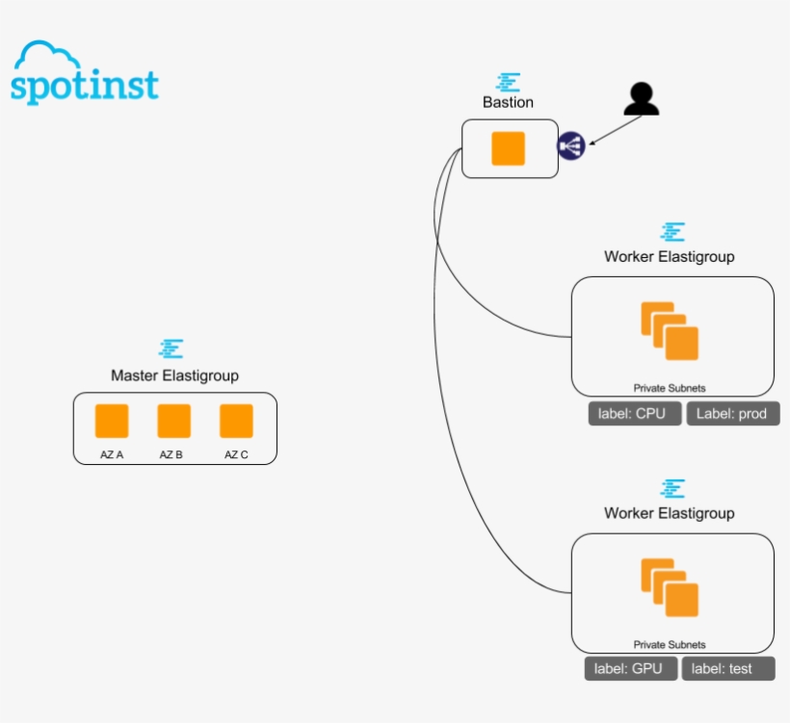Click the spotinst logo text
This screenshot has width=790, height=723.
pos(84,86)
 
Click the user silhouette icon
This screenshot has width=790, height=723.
pos(641,99)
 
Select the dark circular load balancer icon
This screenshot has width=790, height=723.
pos(571,146)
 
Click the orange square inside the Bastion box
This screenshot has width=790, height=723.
pos(508,149)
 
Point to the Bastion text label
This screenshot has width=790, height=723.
pos(508,102)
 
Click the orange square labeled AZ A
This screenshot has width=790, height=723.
pos(112,422)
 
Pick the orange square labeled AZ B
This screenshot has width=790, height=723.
pos(174,422)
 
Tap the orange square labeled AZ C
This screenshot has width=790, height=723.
pos(236,422)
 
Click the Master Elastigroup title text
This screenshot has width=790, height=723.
pos(174,375)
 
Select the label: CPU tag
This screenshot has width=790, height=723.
pos(635,414)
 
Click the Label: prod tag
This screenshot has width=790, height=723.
pos(732,414)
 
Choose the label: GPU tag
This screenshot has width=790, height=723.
pos(629,669)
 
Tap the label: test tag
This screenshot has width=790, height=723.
pos(727,669)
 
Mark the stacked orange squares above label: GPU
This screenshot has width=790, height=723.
pos(670,587)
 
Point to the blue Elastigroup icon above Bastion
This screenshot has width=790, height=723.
pos(509,82)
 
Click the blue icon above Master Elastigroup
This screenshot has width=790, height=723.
pos(172,349)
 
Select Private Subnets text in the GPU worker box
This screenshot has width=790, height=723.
pos(670,644)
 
